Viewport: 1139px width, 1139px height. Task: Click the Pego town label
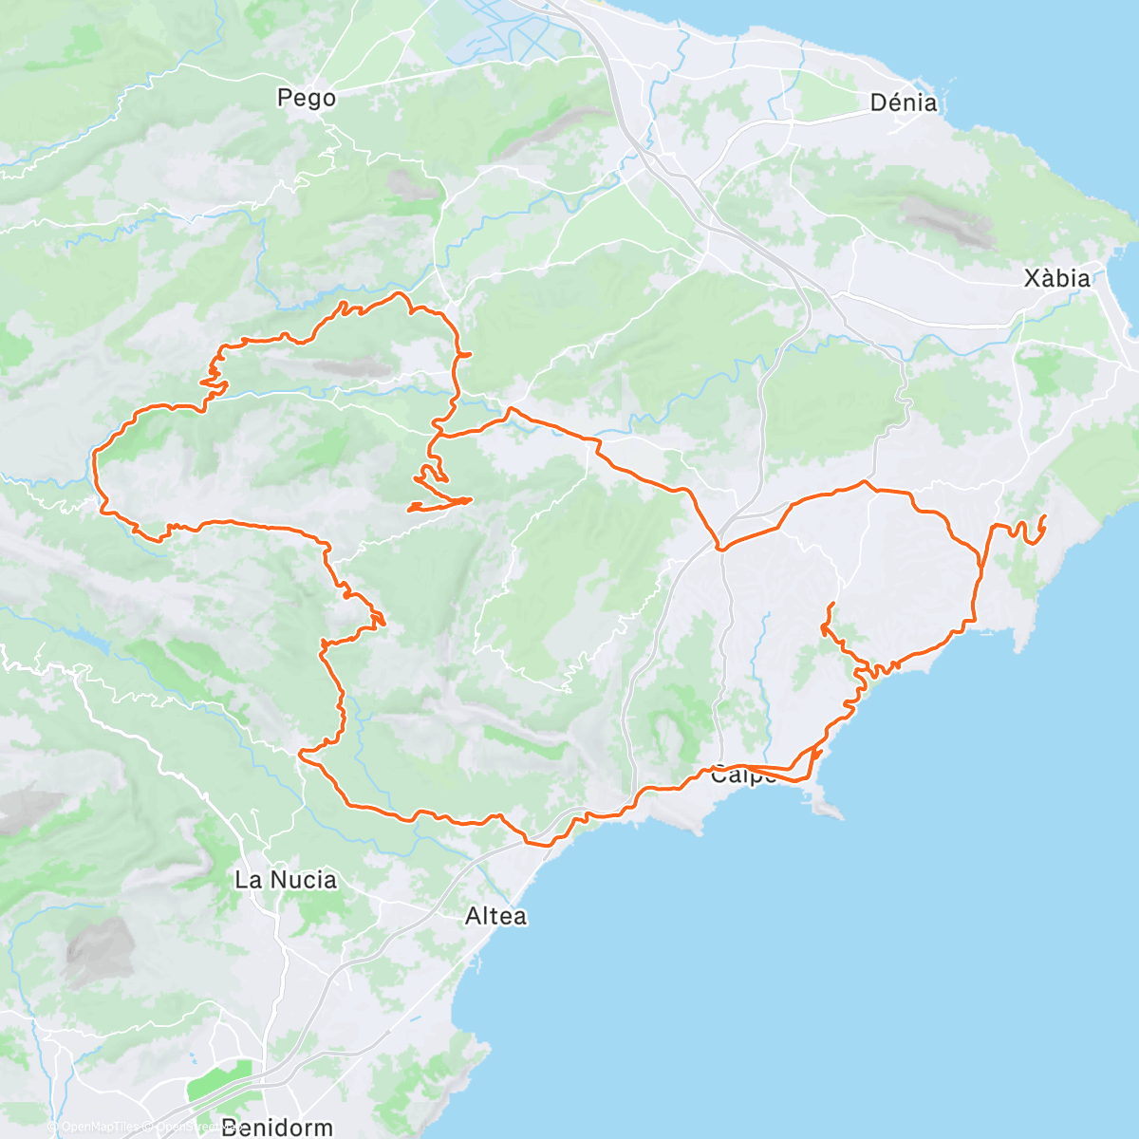(307, 98)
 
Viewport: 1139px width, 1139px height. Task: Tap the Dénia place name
(904, 103)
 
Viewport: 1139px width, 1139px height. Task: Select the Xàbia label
(1056, 278)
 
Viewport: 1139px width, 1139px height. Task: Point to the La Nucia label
(286, 880)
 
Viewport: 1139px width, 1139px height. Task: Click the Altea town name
(495, 916)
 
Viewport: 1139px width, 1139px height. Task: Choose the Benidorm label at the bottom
(277, 1128)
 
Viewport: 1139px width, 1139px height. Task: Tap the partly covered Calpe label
(743, 775)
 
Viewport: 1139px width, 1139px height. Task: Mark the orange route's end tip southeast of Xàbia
(1044, 516)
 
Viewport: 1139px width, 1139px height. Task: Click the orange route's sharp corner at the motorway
(720, 549)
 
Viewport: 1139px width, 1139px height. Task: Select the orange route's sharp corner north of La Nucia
(301, 754)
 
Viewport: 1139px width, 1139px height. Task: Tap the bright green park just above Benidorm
(218, 1082)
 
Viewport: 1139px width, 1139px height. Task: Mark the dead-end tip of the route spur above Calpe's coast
(831, 604)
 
